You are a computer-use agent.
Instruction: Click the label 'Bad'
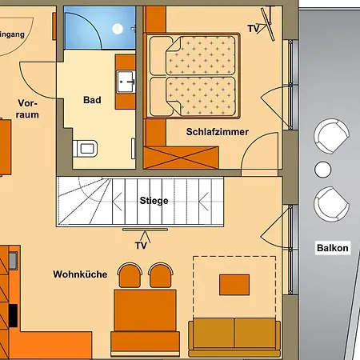point(92,101)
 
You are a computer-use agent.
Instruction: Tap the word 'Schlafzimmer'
point(217,132)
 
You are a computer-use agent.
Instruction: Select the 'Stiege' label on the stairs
point(153,200)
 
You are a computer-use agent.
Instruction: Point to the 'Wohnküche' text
point(80,274)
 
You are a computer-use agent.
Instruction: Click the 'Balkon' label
point(332,248)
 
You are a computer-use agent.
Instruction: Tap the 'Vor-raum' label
point(27,109)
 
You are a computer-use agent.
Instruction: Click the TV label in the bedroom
point(254,29)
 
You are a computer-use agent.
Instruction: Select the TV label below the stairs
point(142,245)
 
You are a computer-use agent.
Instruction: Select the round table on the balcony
point(322,169)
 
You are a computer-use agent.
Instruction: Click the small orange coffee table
point(234,284)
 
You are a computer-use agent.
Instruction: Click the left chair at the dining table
point(129,275)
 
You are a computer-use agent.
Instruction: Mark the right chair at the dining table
point(160,275)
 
